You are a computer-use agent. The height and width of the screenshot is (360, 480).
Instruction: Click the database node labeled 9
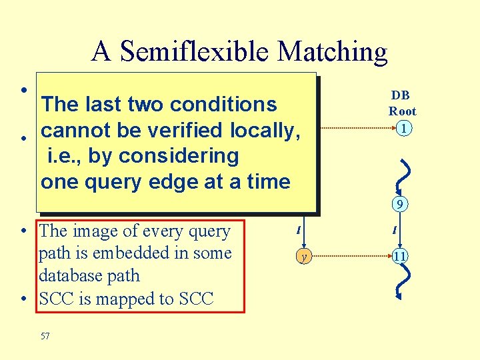(398, 205)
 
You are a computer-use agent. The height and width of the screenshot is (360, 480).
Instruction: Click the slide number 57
(45, 337)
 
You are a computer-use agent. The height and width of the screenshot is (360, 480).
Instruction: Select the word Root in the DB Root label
(402, 111)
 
